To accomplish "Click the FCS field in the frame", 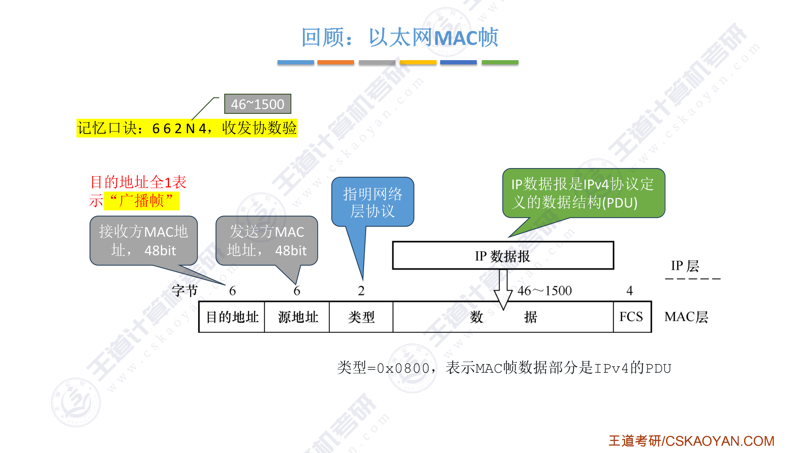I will point(632,317).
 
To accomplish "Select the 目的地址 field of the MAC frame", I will point(232,317).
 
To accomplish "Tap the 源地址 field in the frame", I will point(297,317).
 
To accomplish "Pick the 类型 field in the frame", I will point(361,317).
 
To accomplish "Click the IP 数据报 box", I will point(503,256).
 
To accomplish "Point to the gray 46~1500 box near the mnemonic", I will point(258,104).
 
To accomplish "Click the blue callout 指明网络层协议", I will point(372,202).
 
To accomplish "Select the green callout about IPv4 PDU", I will point(583,193).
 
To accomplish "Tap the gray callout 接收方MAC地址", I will point(144,241).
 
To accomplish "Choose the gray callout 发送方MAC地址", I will point(267,241).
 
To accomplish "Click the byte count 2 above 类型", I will point(361,291).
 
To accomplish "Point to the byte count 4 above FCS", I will point(629,291).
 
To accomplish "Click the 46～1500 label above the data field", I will point(544,291).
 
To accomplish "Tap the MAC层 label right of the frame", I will point(686,317).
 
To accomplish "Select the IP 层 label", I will point(684,266).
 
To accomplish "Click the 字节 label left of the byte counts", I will point(185,291).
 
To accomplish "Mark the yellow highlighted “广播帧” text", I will point(141,201).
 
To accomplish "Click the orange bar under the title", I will point(335,62).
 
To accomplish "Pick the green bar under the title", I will point(500,62).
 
